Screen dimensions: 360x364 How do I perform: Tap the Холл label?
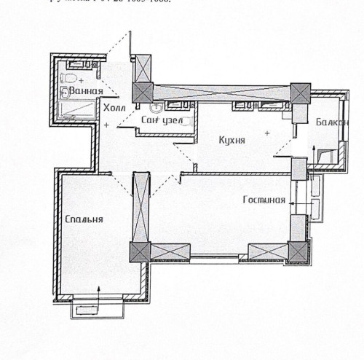[114, 108]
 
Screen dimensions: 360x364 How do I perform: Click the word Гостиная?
[264, 199]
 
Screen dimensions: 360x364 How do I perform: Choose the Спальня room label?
[82, 219]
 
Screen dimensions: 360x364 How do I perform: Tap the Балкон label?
[333, 122]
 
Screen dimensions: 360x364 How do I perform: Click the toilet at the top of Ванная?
[66, 77]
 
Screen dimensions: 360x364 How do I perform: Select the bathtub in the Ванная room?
[78, 111]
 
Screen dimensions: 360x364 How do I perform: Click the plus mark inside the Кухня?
[267, 133]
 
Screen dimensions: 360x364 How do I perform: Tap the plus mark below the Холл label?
[107, 125]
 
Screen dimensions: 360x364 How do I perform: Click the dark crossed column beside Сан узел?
[140, 93]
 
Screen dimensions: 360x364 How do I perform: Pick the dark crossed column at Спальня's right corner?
[138, 252]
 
